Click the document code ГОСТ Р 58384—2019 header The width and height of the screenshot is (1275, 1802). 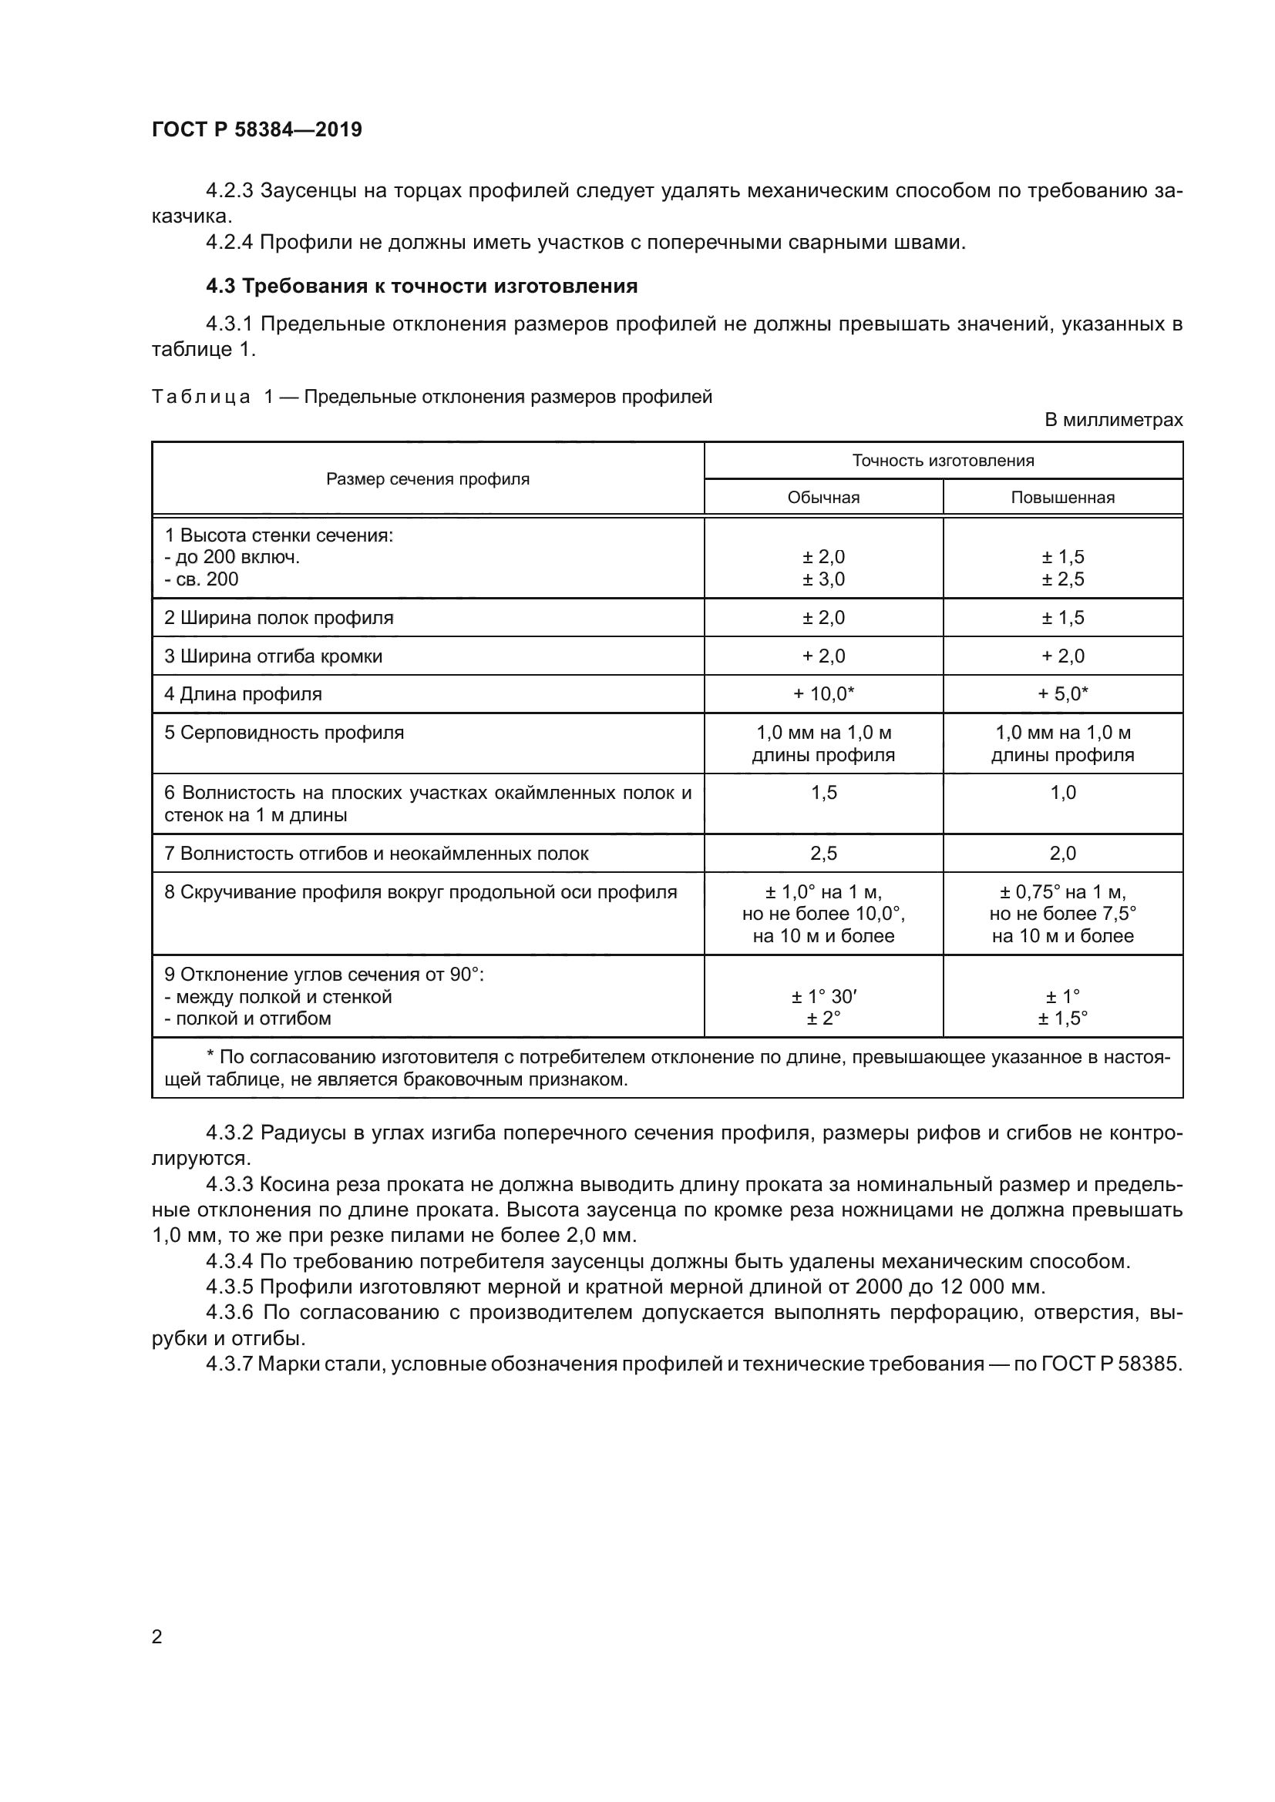[x=257, y=129]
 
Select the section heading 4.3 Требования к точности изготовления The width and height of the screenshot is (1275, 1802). [x=422, y=286]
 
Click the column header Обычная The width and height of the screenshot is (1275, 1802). [x=823, y=498]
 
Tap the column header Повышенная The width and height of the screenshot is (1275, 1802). [x=1062, y=498]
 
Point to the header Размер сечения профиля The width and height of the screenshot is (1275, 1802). [x=428, y=478]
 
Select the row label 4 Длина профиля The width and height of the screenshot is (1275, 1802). [x=243, y=694]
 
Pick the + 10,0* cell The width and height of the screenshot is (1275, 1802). [x=823, y=694]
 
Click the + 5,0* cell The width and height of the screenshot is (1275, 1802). [x=1062, y=694]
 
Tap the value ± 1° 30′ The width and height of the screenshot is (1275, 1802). [x=823, y=997]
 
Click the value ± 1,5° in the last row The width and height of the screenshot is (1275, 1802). [x=1062, y=1018]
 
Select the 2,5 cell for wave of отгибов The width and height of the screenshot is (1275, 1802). [x=823, y=853]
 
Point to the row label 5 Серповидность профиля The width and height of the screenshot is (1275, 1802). [x=284, y=733]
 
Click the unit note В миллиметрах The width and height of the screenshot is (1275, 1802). [x=1113, y=420]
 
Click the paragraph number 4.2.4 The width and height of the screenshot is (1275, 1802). [x=230, y=243]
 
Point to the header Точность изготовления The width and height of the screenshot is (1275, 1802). [x=943, y=461]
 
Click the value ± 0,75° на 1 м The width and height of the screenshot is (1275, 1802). [x=1062, y=892]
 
